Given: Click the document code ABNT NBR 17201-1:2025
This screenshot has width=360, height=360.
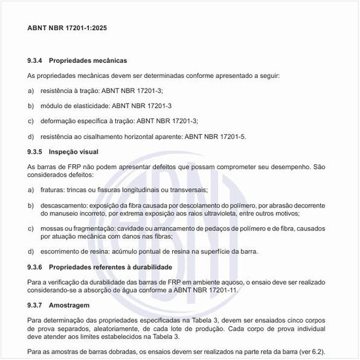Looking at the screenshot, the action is (68, 29).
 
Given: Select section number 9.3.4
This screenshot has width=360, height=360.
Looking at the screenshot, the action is (35, 60).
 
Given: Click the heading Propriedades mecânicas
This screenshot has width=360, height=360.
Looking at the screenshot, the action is (88, 60).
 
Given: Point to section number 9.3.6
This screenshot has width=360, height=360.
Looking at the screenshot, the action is (35, 267).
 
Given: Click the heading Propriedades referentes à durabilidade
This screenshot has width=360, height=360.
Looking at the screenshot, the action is (111, 267).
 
